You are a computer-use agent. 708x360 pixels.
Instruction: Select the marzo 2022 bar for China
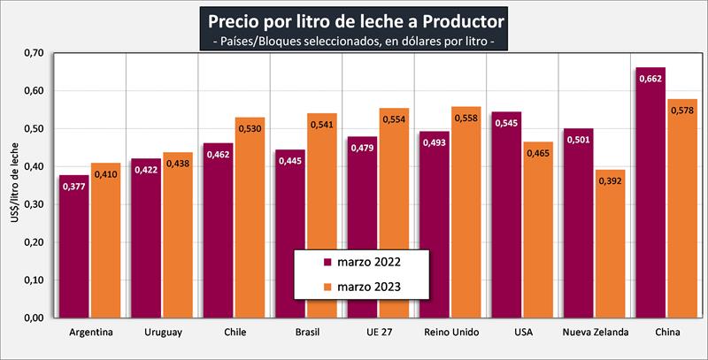coord(650,195)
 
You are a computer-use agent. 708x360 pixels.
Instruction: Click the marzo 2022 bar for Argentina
coord(75,248)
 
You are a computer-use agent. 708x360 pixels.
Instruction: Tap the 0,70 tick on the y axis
coord(32,54)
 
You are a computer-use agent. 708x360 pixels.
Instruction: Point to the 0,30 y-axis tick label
coord(32,204)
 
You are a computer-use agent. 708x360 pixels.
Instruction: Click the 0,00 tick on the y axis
coord(32,318)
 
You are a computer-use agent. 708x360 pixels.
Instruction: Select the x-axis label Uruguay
coord(163,333)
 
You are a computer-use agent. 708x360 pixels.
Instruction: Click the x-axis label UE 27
coord(380,333)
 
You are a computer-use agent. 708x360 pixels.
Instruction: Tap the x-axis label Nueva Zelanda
coord(596,333)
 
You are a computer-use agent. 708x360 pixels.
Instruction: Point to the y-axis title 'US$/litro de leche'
coord(12,187)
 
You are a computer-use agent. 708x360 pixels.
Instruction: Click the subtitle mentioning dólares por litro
coord(354,41)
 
